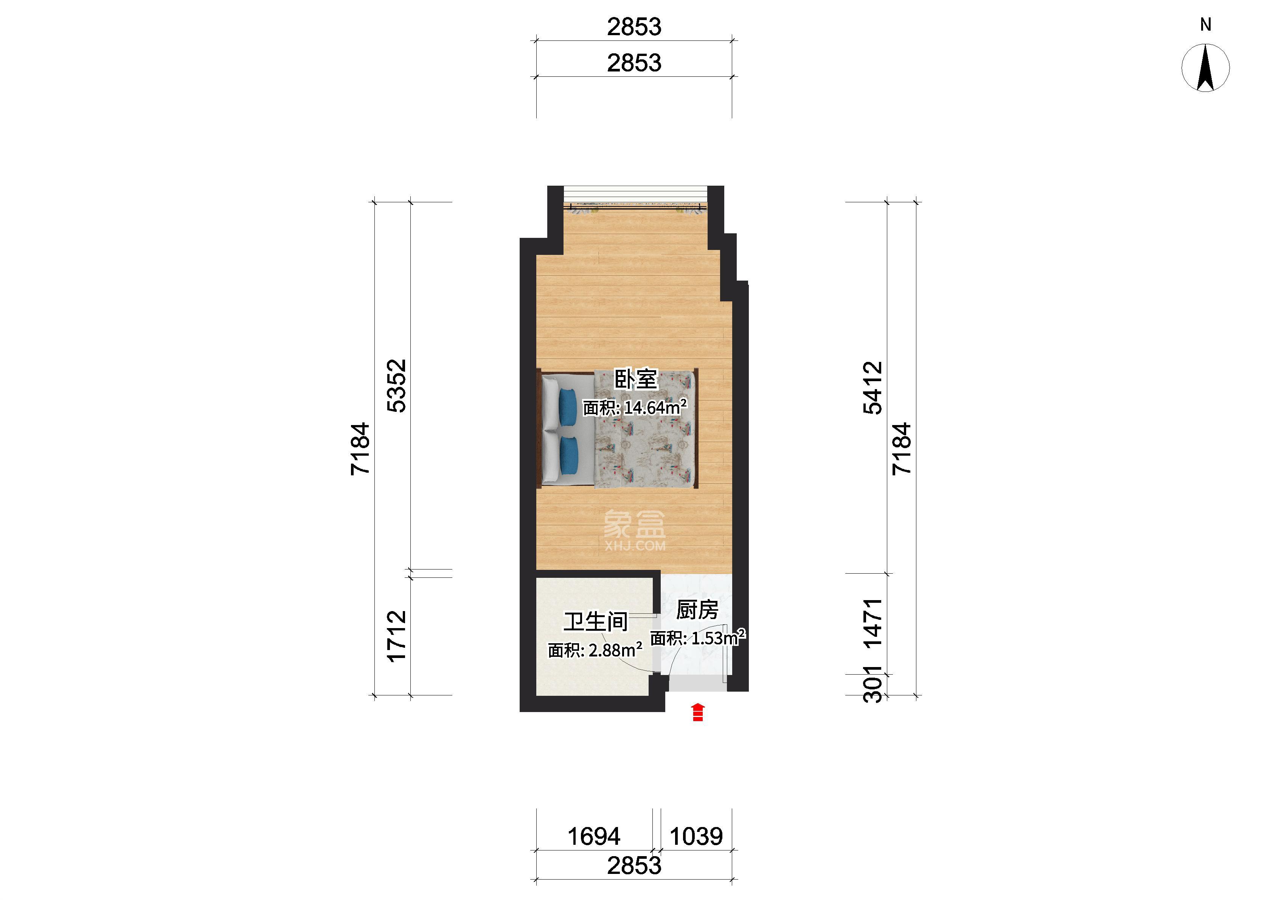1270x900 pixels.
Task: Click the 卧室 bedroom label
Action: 635,380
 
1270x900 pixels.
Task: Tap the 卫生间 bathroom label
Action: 596,622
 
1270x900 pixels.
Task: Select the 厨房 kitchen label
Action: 697,610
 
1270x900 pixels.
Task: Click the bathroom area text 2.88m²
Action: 615,650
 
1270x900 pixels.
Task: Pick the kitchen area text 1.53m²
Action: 717,638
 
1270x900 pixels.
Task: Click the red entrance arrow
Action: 698,712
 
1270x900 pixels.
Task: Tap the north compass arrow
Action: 1205,68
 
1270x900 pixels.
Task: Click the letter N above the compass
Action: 1206,24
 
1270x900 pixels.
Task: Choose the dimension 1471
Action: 873,622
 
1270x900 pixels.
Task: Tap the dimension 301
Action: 873,684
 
